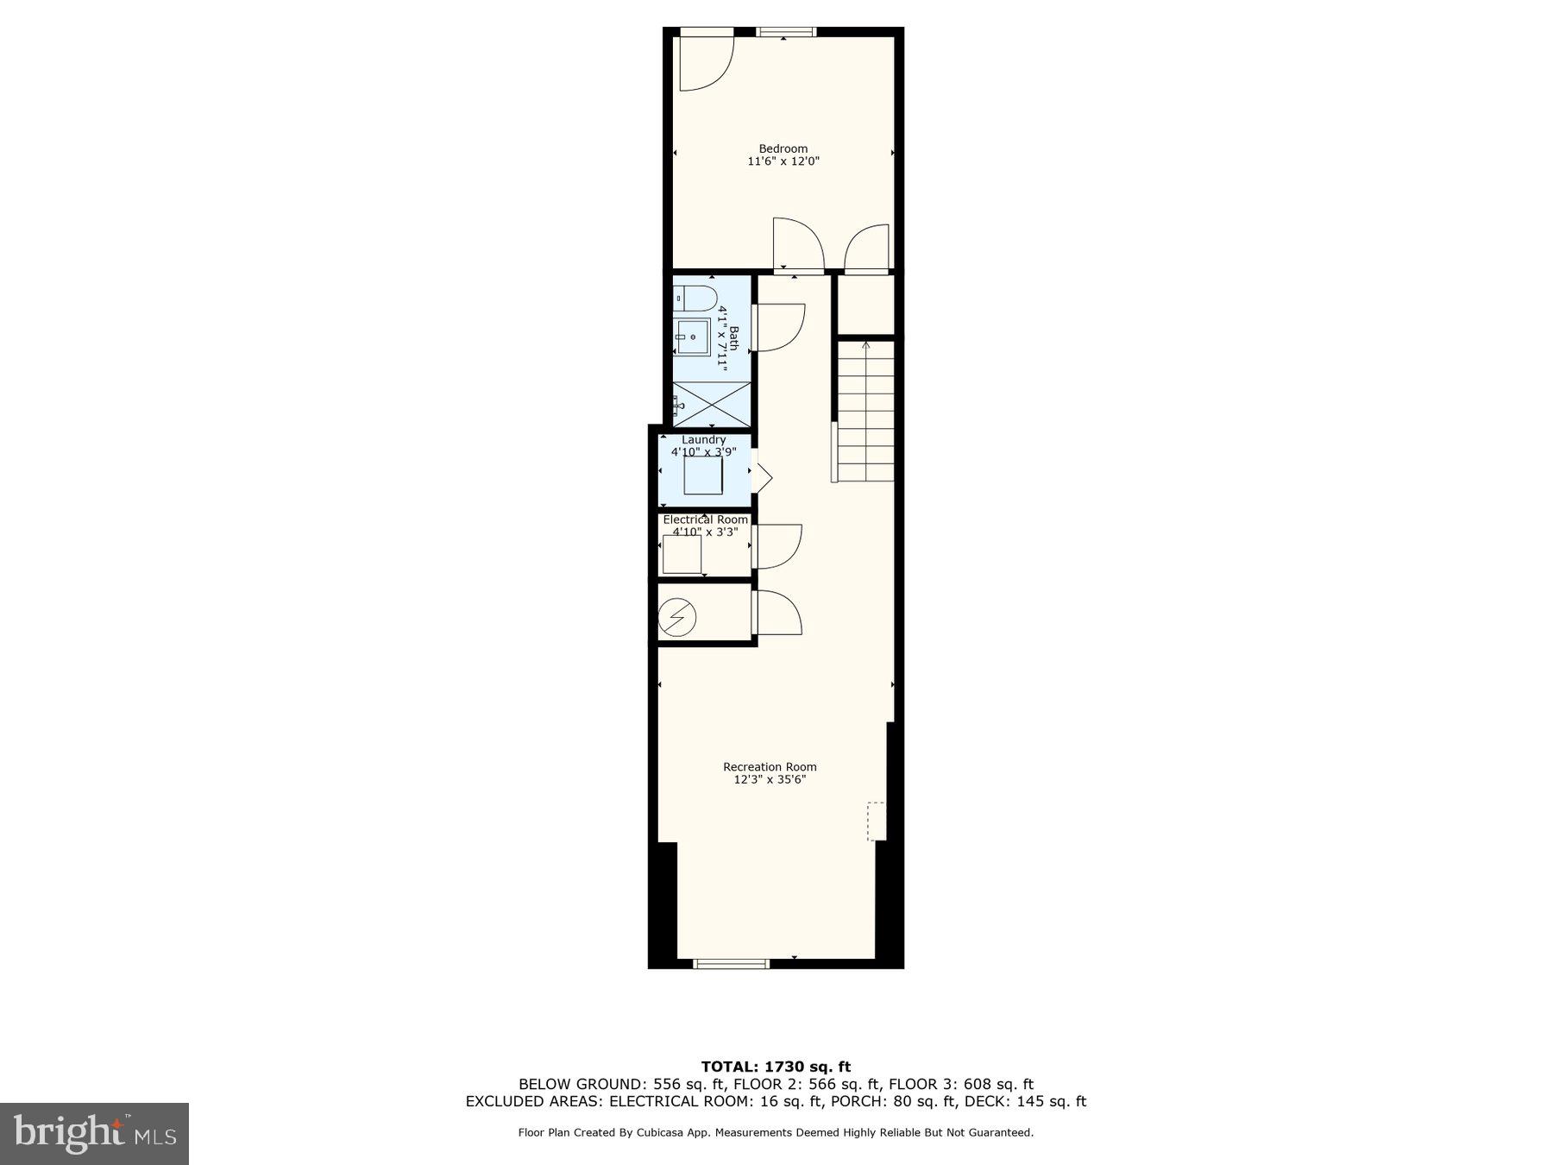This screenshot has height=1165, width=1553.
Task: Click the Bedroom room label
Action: coord(783,148)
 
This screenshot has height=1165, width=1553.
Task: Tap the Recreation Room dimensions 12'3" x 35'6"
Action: coord(770,780)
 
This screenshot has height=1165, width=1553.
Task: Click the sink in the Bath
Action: coord(692,337)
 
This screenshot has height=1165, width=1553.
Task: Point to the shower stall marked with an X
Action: coord(712,403)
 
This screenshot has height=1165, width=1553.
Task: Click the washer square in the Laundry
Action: coord(703,475)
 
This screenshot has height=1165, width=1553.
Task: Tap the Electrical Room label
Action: coord(705,520)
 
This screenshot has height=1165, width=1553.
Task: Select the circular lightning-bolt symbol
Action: coord(677,618)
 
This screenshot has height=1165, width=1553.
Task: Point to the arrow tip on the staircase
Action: coord(866,344)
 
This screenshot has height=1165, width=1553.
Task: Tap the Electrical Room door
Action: coord(779,546)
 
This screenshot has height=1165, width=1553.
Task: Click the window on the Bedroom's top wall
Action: coord(786,33)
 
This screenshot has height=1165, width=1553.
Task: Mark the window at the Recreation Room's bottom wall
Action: coord(731,964)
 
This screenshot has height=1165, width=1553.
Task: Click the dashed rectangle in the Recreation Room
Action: coord(876,821)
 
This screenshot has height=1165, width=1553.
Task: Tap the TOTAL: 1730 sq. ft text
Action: coord(776,1067)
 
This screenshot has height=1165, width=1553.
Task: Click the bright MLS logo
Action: coord(94,1133)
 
